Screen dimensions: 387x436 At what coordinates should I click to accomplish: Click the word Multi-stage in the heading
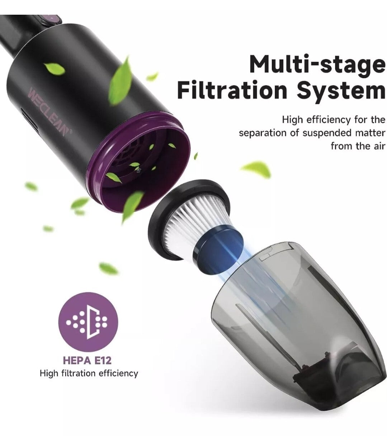[317, 65]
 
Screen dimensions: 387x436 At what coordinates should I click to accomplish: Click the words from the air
[358, 146]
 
